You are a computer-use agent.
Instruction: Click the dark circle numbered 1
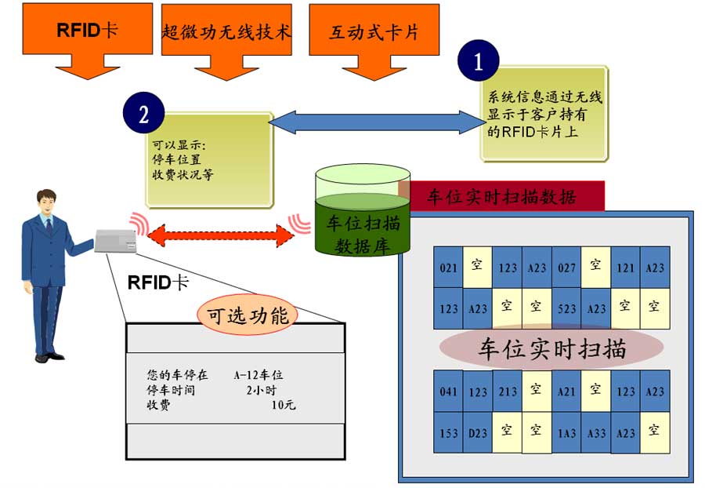click(478, 62)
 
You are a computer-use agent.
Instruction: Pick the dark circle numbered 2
click(143, 115)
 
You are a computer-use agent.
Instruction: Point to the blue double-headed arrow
click(377, 122)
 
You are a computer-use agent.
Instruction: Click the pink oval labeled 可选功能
click(248, 315)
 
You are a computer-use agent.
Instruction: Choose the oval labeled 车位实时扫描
click(551, 348)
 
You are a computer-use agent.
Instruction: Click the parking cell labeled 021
click(449, 268)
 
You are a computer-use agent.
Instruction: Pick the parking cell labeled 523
click(566, 308)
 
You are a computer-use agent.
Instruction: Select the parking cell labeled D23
click(478, 432)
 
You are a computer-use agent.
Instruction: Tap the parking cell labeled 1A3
click(566, 432)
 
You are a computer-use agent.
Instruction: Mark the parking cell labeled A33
click(596, 432)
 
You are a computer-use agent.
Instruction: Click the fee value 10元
click(283, 406)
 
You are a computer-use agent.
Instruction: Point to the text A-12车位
click(258, 376)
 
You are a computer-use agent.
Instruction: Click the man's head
click(47, 202)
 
